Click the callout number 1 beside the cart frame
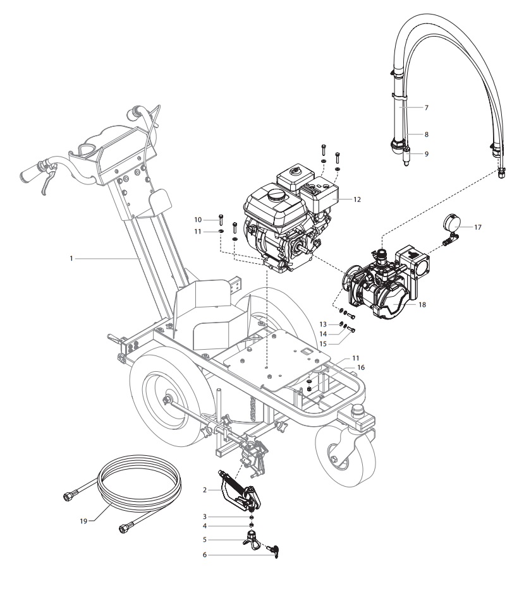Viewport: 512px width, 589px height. coord(73,258)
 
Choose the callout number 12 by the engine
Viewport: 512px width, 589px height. coord(357,199)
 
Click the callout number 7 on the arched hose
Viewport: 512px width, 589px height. coord(426,108)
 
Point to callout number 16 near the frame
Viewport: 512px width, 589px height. coord(361,367)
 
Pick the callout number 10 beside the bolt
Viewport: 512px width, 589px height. coord(198,219)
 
